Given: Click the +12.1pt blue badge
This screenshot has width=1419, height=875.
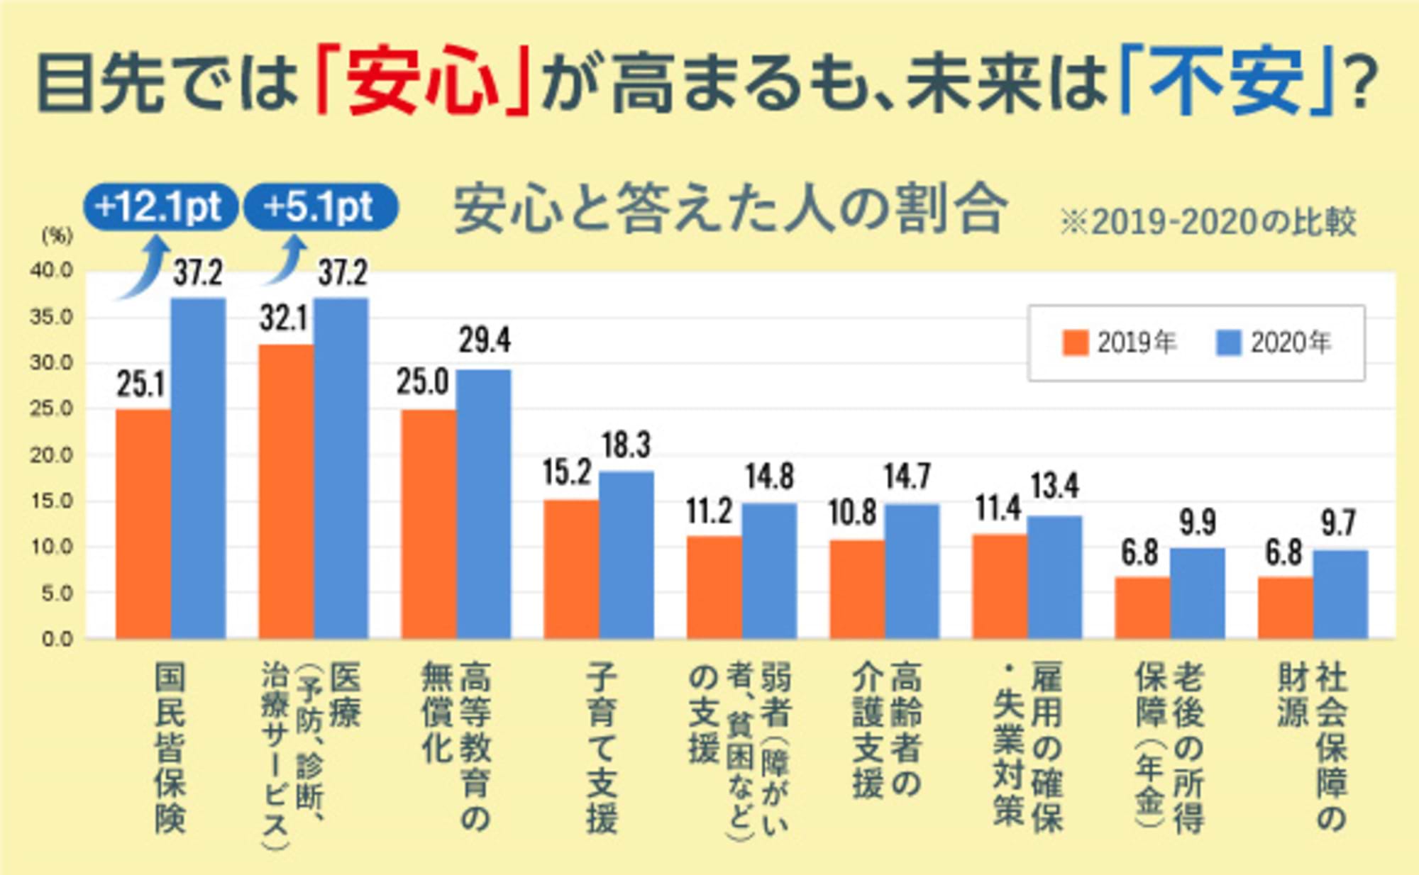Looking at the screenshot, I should pyautogui.click(x=160, y=207).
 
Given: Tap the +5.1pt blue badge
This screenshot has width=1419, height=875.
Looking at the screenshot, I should pyautogui.click(x=320, y=207).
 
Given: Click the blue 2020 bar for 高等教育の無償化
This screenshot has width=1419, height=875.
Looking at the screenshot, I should pyautogui.click(x=483, y=503).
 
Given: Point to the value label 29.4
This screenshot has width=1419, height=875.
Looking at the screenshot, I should pyautogui.click(x=484, y=340).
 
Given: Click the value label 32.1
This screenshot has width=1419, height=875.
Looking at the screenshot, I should pyautogui.click(x=284, y=318).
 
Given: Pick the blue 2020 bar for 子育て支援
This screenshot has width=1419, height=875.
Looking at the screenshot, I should pyautogui.click(x=626, y=554).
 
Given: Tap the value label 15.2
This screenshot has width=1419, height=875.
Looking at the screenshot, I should pyautogui.click(x=567, y=472).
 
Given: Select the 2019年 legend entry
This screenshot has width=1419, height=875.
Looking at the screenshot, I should pyautogui.click(x=1119, y=343).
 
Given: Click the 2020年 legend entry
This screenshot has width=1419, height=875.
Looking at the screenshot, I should pyautogui.click(x=1273, y=343).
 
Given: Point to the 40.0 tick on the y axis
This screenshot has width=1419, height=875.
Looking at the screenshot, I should pyautogui.click(x=51, y=270).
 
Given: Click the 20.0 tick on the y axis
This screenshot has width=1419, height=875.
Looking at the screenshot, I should pyautogui.click(x=51, y=455).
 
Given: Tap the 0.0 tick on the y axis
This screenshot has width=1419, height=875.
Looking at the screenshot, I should pyautogui.click(x=57, y=639).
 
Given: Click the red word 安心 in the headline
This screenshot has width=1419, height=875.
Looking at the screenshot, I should pyautogui.click(x=423, y=79).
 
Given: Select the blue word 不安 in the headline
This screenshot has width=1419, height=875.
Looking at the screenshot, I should pyautogui.click(x=1226, y=79).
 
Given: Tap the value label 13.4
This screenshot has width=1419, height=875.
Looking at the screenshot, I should pyautogui.click(x=1054, y=486).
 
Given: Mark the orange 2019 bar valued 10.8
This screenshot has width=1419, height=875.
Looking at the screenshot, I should pyautogui.click(x=857, y=589).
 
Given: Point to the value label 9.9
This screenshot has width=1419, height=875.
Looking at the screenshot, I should pyautogui.click(x=1198, y=523).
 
